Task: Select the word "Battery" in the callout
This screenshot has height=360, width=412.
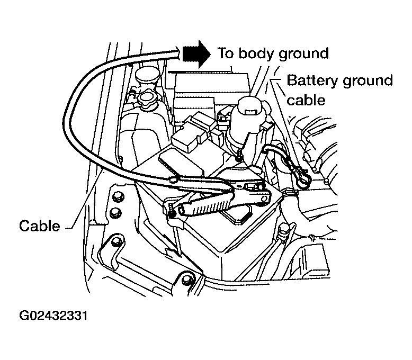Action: click(309, 80)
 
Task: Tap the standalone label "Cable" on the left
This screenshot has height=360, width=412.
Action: click(40, 226)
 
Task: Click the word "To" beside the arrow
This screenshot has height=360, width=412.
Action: click(226, 53)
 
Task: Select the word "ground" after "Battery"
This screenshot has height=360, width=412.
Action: click(366, 81)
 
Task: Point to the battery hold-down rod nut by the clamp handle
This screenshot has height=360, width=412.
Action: click(173, 211)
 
